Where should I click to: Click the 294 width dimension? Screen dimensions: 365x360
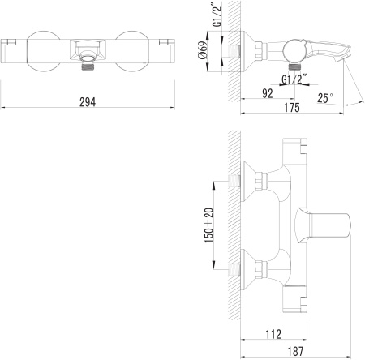point(88,102)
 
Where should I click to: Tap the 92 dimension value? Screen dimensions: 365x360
point(268,93)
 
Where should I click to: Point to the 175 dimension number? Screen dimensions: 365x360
point(292,107)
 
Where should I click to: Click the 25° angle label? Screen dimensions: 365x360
point(325,98)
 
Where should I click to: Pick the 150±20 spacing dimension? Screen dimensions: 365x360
point(209,225)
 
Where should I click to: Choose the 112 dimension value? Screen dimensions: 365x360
point(273,334)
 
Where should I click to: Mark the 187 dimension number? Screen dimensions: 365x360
point(295,352)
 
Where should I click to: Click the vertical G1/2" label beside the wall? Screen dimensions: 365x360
point(217,14)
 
